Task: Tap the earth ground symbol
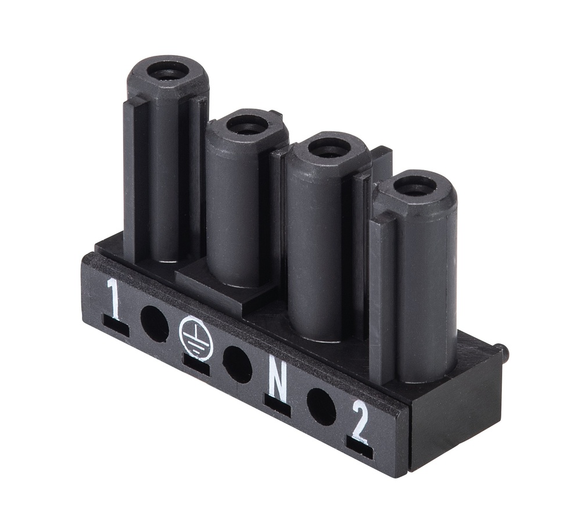(x=196, y=339)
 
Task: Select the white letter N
(x=278, y=379)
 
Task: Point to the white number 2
(x=360, y=421)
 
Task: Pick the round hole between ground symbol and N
(x=238, y=364)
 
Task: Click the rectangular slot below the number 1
(x=115, y=328)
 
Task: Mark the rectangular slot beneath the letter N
(x=277, y=405)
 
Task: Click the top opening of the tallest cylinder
(x=167, y=71)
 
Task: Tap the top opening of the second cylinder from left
(x=246, y=124)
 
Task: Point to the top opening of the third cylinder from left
(x=329, y=147)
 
